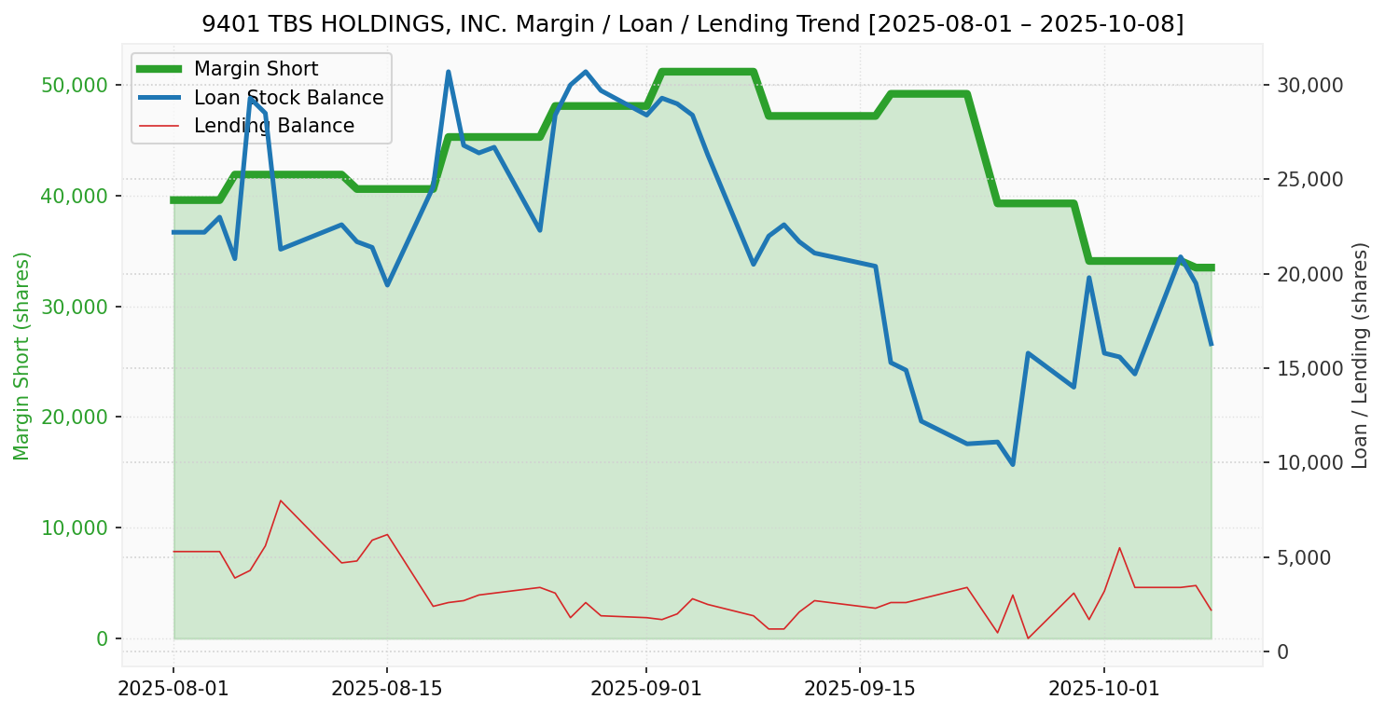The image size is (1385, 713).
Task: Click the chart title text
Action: coord(692,23)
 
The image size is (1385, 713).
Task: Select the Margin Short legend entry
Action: coord(256,69)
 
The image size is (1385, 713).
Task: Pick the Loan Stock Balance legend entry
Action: coord(288,98)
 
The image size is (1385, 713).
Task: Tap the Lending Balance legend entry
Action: coord(273,126)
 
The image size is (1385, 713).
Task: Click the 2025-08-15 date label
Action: coord(386,689)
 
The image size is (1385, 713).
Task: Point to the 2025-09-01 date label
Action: coord(645,689)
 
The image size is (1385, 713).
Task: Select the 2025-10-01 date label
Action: coord(1103,689)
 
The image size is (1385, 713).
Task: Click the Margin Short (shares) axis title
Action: coord(22,355)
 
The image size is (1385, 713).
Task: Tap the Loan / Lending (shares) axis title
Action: coord(1361,355)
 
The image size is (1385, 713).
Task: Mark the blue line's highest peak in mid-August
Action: coord(448,72)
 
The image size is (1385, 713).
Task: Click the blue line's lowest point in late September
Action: coord(1012,464)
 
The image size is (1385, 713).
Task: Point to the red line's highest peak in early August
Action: coord(280,500)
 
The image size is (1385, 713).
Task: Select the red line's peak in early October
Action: coord(1119,547)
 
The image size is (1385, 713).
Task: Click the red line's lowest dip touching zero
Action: coord(1028,638)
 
